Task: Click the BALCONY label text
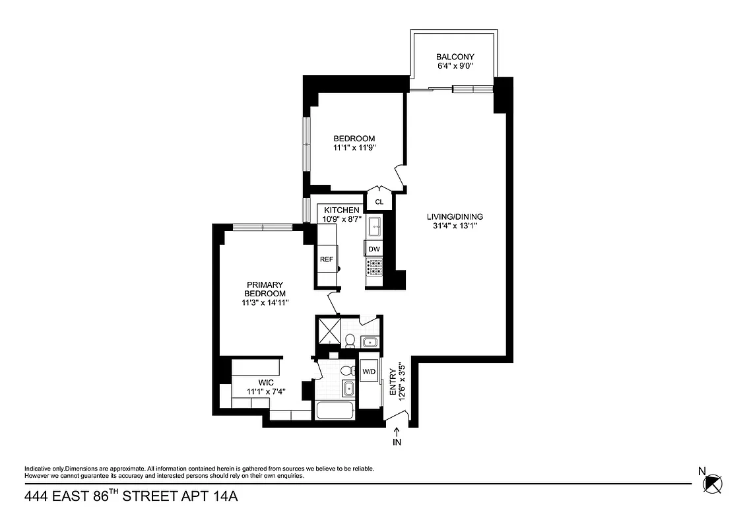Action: coord(455,57)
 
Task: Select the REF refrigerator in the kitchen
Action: coord(327,259)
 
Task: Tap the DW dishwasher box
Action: coord(374,249)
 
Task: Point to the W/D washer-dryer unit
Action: coord(368,372)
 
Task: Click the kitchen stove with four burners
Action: coord(375,267)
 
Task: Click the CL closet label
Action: coord(379,202)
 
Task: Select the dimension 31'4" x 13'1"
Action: coord(455,226)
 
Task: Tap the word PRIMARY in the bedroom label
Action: coord(265,284)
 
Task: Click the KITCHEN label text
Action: coord(341,210)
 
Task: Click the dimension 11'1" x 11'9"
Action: coord(354,148)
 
